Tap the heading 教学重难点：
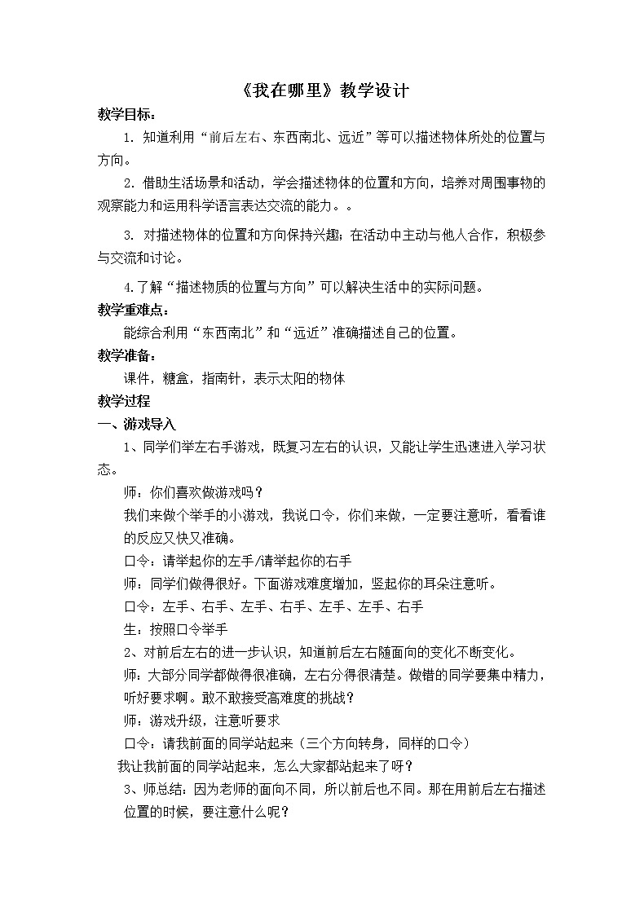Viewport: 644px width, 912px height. tap(134, 311)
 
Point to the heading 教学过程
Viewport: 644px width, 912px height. tap(123, 401)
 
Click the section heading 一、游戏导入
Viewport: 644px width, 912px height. tap(136, 424)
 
